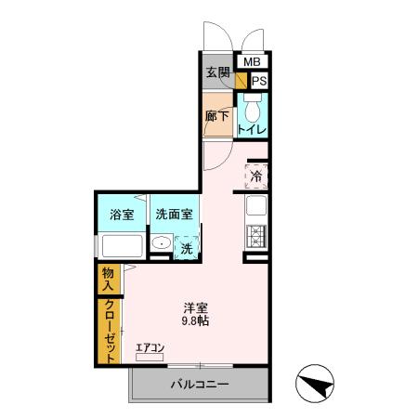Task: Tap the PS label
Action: click(259, 81)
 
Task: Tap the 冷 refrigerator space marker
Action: click(256, 175)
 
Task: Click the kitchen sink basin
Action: click(256, 206)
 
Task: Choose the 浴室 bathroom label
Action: click(122, 215)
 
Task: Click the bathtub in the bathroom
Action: click(120, 247)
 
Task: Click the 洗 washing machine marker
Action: click(186, 248)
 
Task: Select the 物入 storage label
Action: click(109, 279)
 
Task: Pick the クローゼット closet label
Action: click(109, 331)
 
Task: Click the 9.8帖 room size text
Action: click(195, 321)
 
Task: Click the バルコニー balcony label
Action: click(200, 384)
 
